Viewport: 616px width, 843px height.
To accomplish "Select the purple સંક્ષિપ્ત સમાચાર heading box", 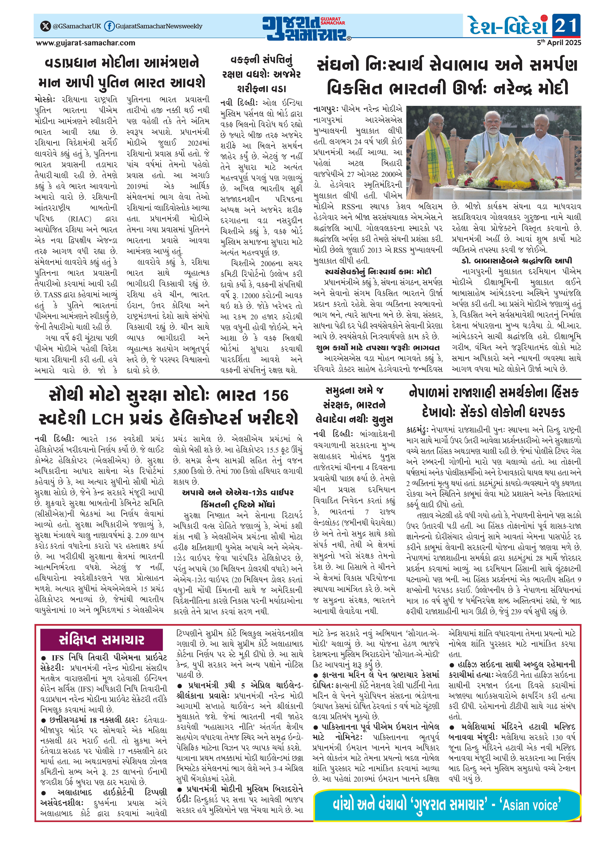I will (101, 639).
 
